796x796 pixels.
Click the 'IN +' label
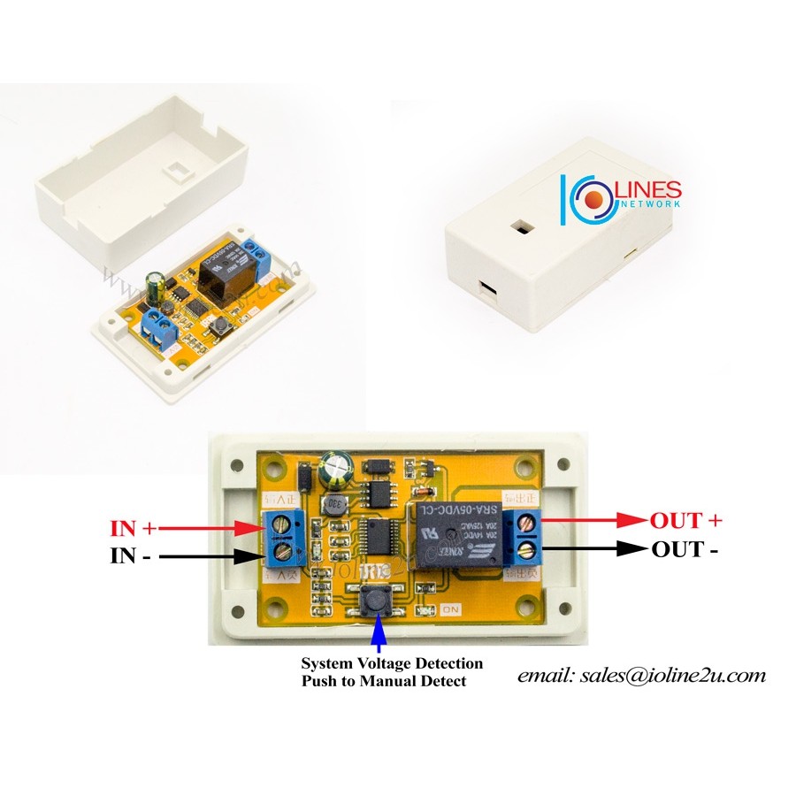[133, 529]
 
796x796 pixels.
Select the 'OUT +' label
[687, 520]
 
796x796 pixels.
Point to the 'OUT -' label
[685, 549]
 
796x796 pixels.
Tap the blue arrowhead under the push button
[379, 631]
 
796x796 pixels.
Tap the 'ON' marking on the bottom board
[449, 608]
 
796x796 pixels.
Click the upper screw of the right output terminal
[529, 522]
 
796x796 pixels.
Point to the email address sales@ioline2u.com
[641, 676]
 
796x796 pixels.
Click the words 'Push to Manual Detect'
[383, 682]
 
